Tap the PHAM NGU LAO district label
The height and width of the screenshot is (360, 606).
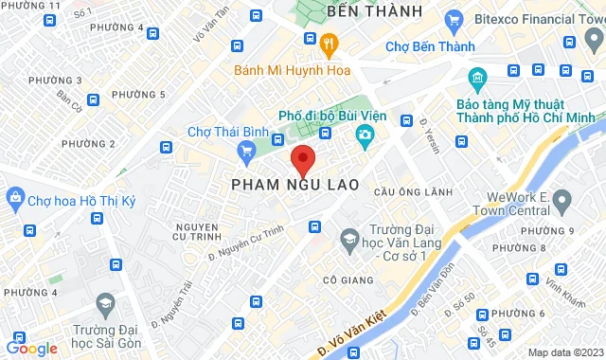click(294, 186)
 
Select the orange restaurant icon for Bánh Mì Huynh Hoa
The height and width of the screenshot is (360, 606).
click(329, 43)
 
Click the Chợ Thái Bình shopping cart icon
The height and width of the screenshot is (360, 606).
click(247, 149)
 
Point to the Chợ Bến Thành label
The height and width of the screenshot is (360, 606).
click(422, 45)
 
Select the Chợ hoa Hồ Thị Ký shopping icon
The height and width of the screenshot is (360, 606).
click(14, 198)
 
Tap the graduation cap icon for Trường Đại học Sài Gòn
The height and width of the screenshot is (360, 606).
click(105, 304)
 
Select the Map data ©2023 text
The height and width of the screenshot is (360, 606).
click(564, 352)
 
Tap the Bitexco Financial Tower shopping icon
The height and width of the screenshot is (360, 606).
click(454, 19)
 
